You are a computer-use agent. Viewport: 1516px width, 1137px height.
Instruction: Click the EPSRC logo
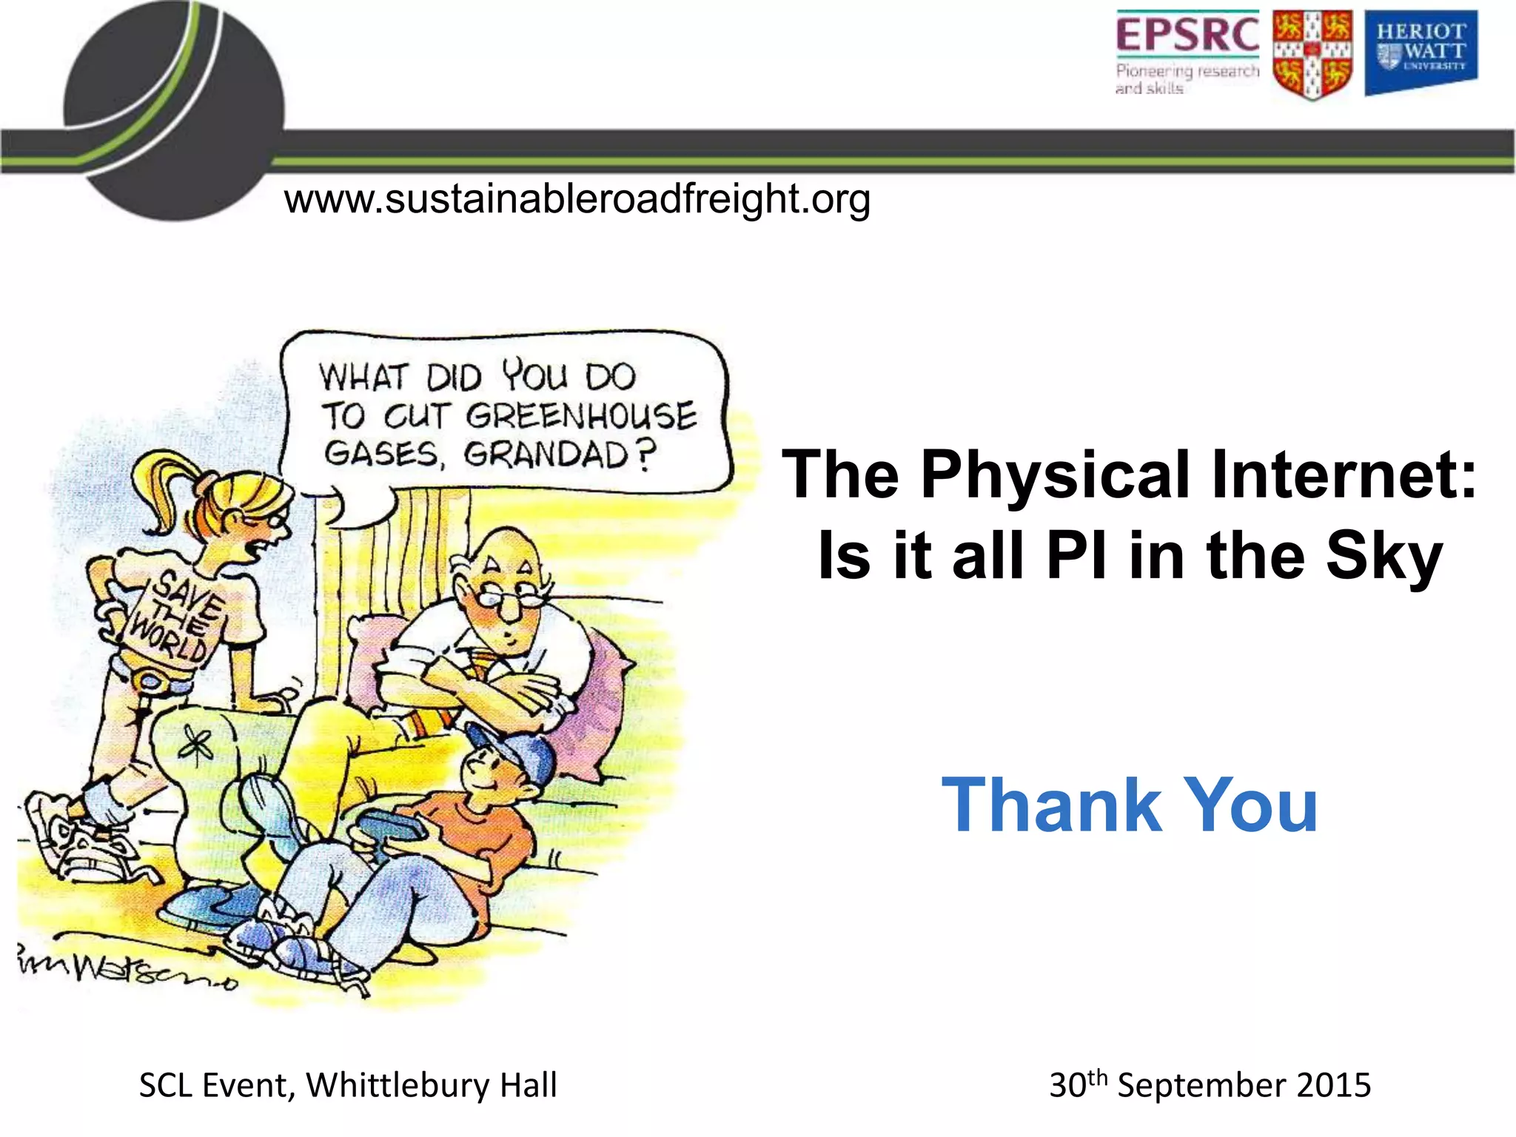[1187, 52]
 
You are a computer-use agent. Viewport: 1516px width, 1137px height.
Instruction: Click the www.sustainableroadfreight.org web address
[577, 199]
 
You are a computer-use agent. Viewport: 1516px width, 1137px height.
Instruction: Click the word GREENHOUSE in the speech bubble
[582, 415]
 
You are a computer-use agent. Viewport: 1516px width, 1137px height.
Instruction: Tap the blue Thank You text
[1130, 805]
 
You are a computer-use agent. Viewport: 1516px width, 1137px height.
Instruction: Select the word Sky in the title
[1383, 557]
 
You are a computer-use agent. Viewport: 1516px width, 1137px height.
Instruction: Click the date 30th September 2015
[1210, 1084]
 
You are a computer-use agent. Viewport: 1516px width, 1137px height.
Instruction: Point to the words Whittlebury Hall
[432, 1085]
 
